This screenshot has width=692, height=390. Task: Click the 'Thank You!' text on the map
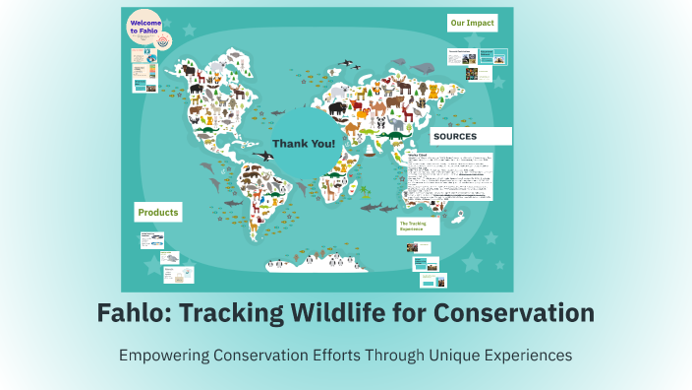(303, 144)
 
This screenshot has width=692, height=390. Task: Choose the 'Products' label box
(158, 212)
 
